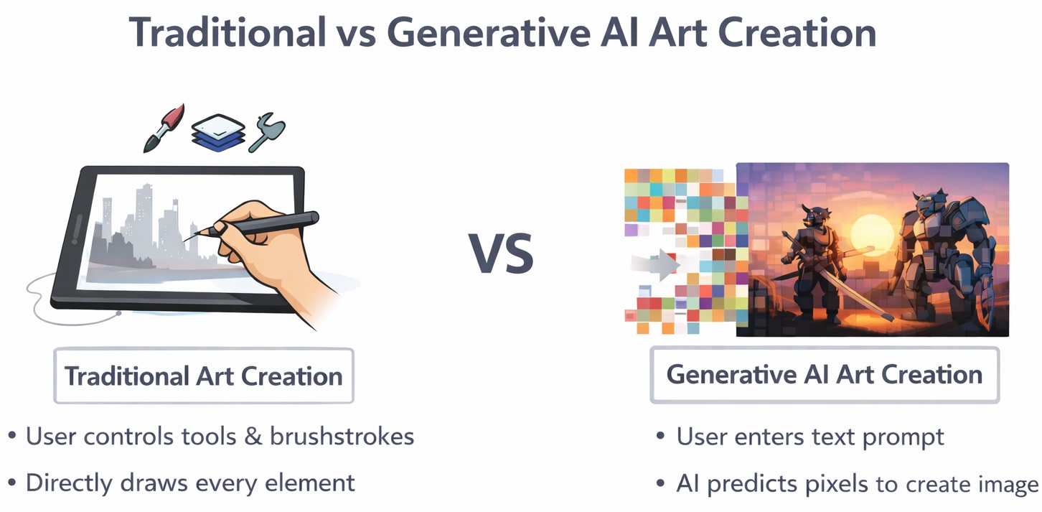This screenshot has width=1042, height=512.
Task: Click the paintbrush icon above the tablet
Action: point(164,128)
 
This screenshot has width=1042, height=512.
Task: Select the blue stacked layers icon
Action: point(218,133)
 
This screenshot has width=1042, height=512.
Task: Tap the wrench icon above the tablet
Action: point(266,132)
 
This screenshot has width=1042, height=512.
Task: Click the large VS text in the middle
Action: point(501,253)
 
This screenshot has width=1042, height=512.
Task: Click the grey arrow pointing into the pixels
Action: point(656,264)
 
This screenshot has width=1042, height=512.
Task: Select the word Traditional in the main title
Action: point(227,32)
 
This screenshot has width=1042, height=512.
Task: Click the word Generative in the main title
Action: point(489,32)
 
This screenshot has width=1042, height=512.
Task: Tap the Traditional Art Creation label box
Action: point(204,375)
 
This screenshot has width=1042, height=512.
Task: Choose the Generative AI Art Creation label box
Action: point(825,375)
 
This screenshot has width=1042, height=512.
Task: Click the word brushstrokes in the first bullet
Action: point(342,437)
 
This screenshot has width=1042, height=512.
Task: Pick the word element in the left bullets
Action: point(310,483)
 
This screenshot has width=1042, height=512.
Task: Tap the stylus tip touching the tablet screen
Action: point(185,240)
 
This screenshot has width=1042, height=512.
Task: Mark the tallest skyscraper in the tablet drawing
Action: point(145,214)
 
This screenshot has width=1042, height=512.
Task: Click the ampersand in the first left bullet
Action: point(253,437)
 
